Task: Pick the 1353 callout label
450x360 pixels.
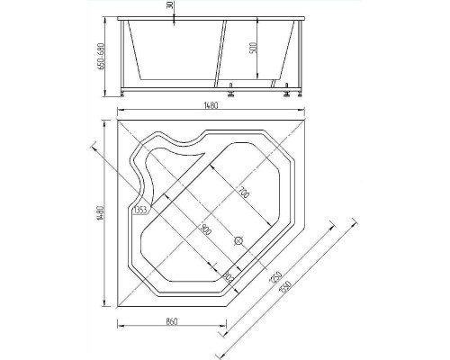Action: pyautogui.click(x=139, y=211)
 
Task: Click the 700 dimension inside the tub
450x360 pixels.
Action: pyautogui.click(x=244, y=193)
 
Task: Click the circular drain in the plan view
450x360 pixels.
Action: pyautogui.click(x=239, y=240)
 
